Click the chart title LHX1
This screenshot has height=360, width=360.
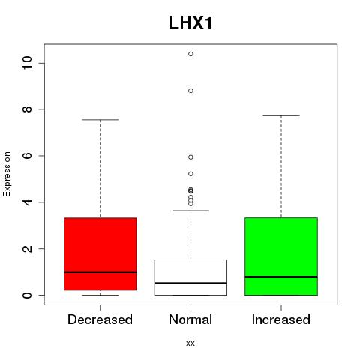(x=190, y=23)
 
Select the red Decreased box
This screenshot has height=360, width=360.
(x=100, y=254)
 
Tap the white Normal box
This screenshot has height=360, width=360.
(x=190, y=277)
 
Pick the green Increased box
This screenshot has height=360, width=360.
(x=281, y=256)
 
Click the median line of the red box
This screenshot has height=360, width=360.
(x=100, y=272)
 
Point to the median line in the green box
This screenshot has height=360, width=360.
(x=281, y=277)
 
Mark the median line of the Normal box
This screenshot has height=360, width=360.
(x=190, y=283)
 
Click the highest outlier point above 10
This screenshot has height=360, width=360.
(x=190, y=54)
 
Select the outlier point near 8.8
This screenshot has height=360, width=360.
(x=190, y=91)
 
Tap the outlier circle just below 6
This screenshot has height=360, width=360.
(x=190, y=157)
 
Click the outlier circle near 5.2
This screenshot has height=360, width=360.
(x=190, y=174)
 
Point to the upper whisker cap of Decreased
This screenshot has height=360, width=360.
(x=100, y=120)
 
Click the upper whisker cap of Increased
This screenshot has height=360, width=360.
(x=281, y=115)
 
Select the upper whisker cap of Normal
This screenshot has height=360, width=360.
(x=190, y=211)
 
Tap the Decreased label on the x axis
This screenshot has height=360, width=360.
(x=100, y=319)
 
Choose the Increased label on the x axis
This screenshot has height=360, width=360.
(x=281, y=319)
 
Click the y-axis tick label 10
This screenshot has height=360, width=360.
(x=28, y=63)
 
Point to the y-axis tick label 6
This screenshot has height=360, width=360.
(x=28, y=156)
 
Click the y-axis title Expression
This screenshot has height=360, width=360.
(x=7, y=174)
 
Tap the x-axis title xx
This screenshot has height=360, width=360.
(x=190, y=343)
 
